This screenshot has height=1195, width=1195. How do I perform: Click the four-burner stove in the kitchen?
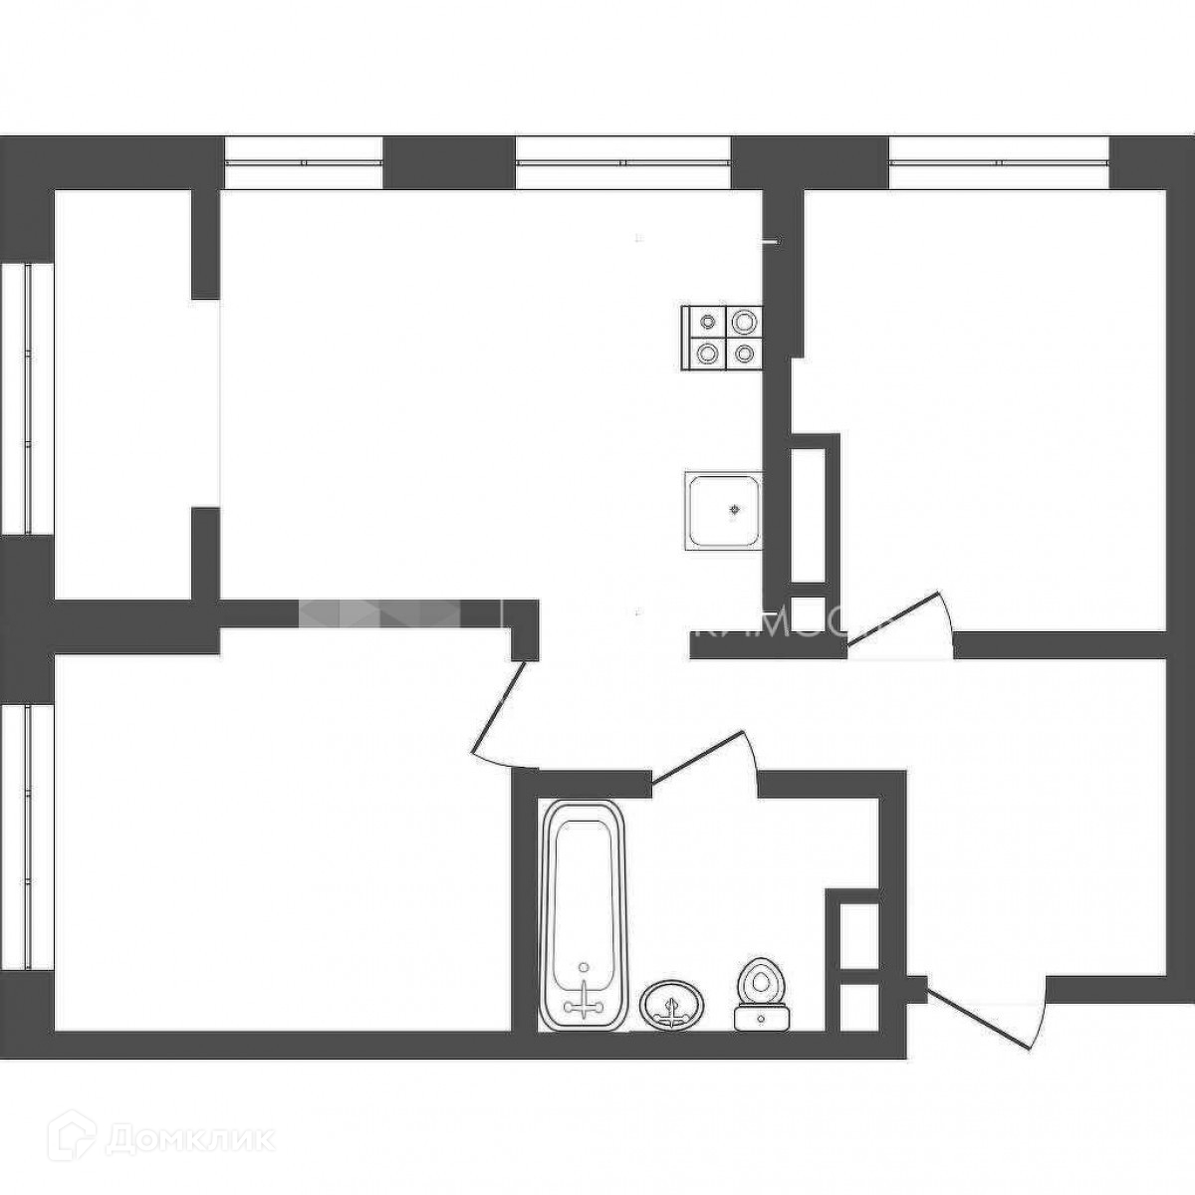tap(723, 337)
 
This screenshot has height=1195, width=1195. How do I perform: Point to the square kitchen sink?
tap(724, 510)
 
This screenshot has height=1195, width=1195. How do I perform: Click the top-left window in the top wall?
tap(304, 162)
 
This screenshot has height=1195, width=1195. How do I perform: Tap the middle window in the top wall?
tap(623, 162)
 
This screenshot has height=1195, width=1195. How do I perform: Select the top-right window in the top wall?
tap(998, 162)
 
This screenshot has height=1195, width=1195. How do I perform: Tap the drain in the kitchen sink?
tap(735, 510)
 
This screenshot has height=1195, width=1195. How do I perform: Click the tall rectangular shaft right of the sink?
tap(808, 515)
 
